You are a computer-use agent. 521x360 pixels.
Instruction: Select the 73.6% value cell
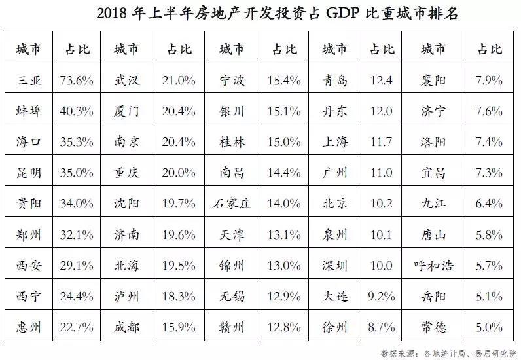pos(81,81)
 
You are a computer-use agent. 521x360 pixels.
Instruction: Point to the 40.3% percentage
pos(81,111)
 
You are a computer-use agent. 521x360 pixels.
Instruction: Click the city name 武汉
pos(126,81)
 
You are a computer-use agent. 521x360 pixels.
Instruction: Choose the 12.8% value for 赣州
pos(284,327)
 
